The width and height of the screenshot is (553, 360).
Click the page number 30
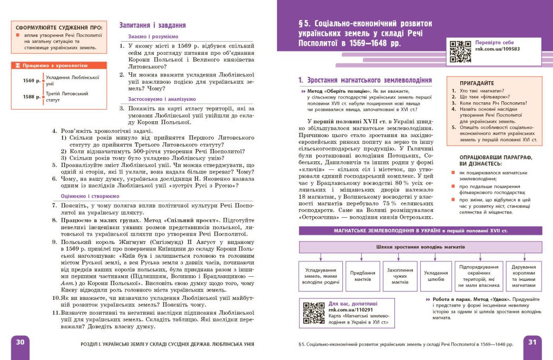coord(21,342)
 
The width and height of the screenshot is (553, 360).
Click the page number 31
coord(532,342)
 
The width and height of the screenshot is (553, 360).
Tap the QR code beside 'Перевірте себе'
coord(460,52)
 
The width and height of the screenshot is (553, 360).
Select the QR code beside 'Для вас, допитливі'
coord(314,312)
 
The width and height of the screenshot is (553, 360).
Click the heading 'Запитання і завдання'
coord(152,25)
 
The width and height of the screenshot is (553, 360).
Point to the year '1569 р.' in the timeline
coord(32,81)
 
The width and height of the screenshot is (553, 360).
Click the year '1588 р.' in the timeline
coord(32,97)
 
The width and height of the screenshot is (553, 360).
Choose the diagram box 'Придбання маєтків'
coord(363,276)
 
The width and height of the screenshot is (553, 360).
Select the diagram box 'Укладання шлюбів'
coord(436,276)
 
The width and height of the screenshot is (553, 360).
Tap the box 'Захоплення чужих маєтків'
coord(400,276)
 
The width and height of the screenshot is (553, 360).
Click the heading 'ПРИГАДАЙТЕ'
coord(477,83)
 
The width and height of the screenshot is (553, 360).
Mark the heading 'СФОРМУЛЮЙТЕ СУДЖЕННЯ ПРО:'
coord(58,28)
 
